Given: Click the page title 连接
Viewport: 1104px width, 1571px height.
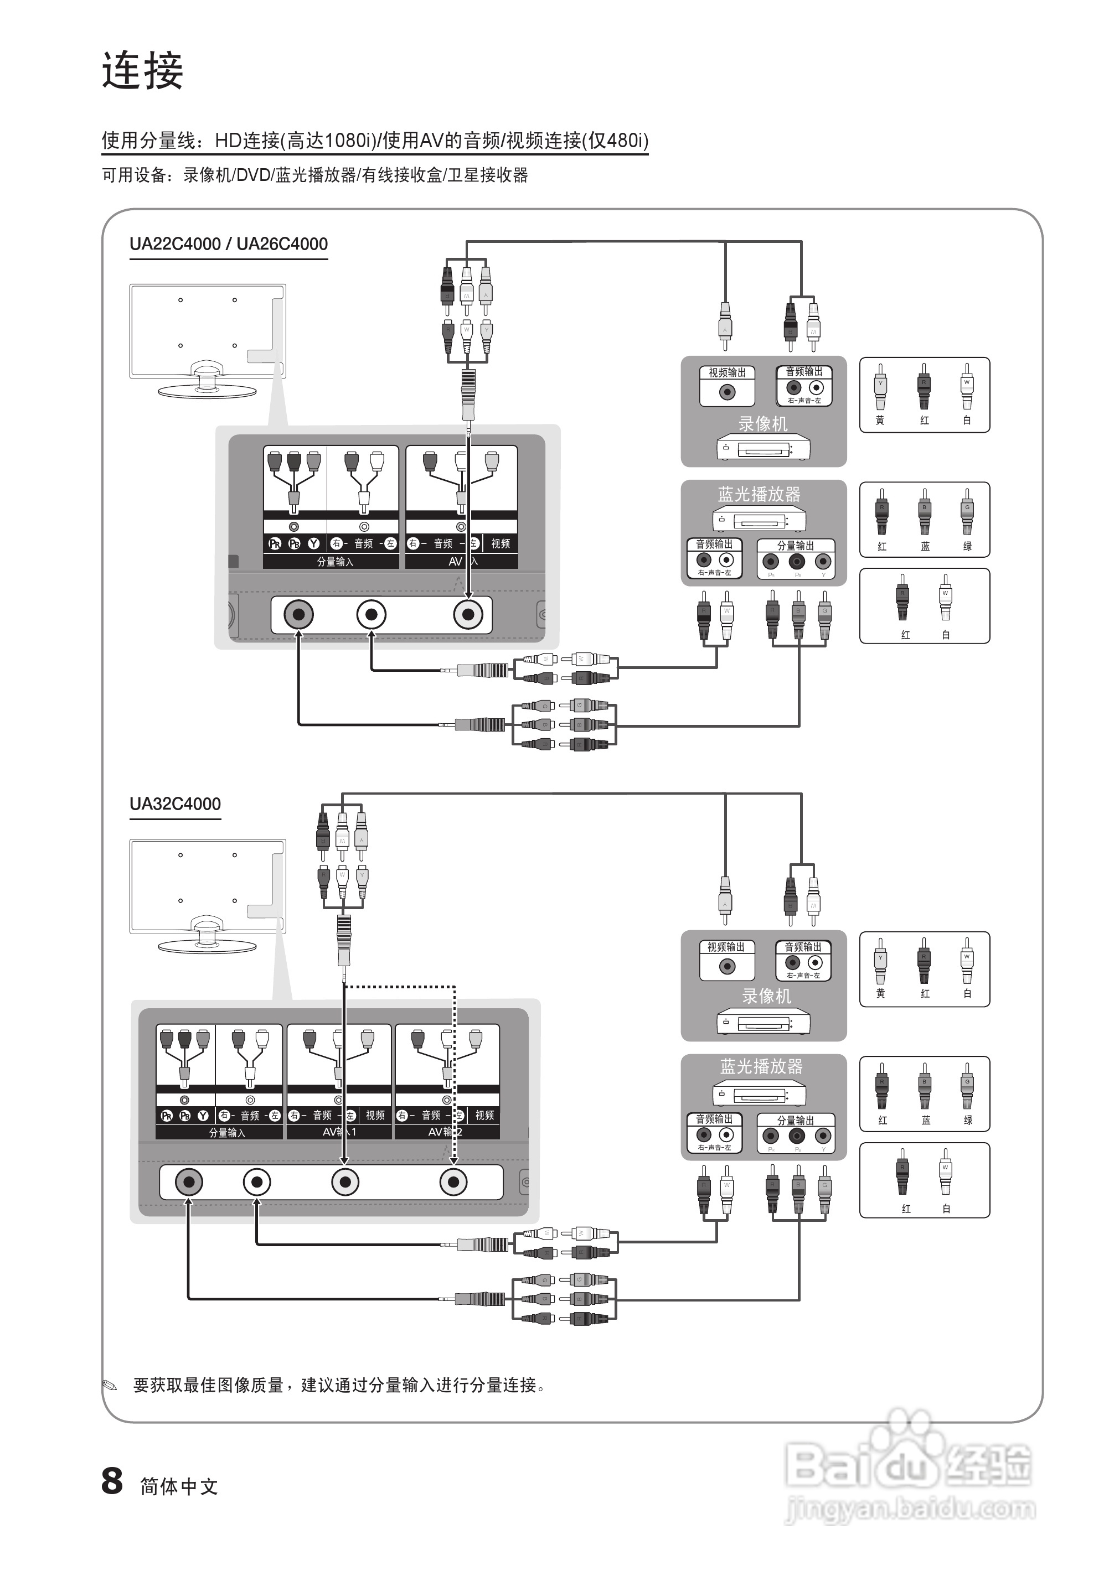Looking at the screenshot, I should [142, 70].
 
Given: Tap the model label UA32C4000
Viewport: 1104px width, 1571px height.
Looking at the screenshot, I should [175, 803].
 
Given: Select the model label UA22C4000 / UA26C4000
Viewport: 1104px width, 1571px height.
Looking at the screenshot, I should [229, 243].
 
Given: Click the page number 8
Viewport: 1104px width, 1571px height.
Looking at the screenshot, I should [112, 1481].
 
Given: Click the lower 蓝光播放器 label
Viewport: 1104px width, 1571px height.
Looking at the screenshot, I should [761, 1066].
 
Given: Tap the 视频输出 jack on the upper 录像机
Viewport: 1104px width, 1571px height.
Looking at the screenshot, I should [727, 392].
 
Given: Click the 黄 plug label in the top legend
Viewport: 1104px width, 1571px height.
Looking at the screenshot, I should [880, 420].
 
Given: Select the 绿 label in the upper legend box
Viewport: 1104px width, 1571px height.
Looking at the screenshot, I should [967, 546].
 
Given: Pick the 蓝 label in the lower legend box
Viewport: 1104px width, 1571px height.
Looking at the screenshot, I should [925, 1120].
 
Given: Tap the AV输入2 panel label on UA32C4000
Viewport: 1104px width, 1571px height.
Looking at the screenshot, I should [445, 1132].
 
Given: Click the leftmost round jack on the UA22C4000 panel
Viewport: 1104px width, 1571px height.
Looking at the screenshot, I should [298, 614].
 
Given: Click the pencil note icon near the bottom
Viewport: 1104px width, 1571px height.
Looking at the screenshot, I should [110, 1386].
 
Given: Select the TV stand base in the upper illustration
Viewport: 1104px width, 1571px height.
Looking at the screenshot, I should [207, 390].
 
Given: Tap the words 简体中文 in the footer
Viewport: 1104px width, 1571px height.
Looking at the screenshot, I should [179, 1486].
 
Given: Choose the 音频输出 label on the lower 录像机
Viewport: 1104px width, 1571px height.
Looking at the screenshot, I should [803, 947].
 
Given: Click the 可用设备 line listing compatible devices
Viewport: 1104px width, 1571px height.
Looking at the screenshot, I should [315, 175].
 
